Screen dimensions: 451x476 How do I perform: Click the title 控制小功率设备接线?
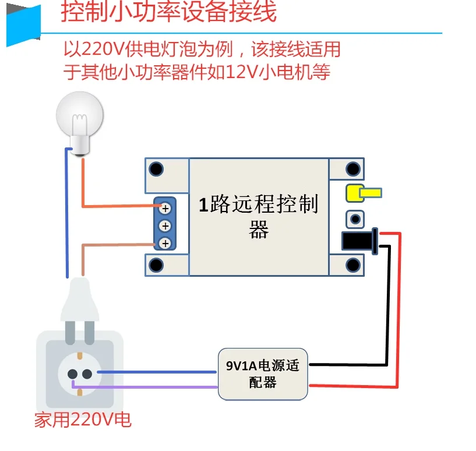point(168,12)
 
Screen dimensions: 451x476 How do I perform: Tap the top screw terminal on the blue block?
point(165,207)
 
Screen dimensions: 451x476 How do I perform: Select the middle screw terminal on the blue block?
point(165,225)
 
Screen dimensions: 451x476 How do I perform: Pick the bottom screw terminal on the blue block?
point(165,243)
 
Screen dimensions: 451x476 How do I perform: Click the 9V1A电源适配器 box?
point(263,374)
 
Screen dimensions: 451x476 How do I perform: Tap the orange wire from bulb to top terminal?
point(117,206)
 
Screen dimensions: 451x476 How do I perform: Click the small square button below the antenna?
point(354,219)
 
